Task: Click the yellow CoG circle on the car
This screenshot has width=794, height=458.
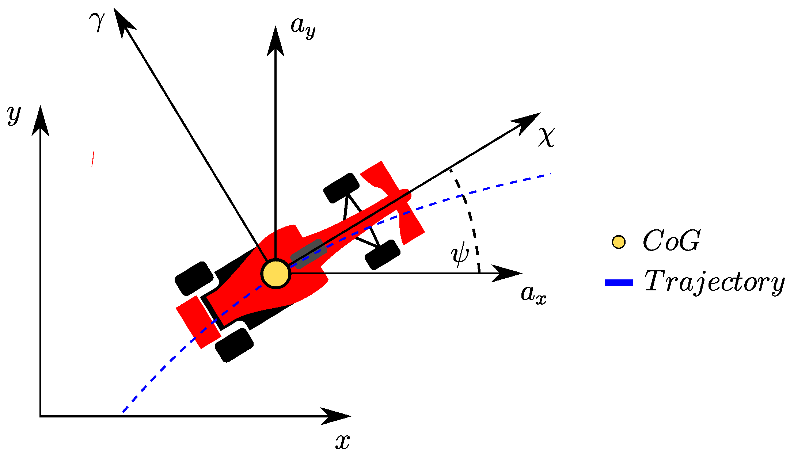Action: tap(276, 274)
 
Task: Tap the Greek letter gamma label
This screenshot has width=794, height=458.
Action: tap(97, 21)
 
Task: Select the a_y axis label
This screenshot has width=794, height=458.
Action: tap(303, 27)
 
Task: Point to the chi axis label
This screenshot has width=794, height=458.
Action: tap(546, 137)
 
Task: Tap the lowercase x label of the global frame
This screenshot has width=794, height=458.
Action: tap(342, 442)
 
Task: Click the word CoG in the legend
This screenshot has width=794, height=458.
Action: tap(672, 241)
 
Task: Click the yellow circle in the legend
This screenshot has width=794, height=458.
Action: tap(619, 242)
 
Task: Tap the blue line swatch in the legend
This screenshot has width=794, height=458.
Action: tap(619, 283)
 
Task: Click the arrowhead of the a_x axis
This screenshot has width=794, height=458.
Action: tap(508, 273)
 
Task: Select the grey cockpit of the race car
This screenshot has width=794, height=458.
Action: tap(308, 254)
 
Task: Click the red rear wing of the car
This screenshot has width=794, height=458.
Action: tap(198, 322)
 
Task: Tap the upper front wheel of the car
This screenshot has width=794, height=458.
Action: tap(341, 188)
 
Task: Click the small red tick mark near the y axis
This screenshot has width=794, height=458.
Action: tap(93, 159)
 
